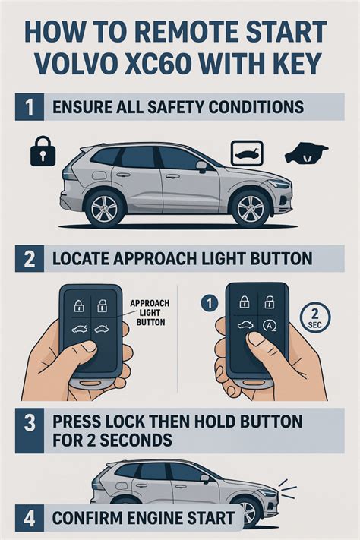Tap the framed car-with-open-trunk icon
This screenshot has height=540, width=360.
(x=246, y=153)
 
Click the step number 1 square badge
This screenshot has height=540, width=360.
(x=30, y=107)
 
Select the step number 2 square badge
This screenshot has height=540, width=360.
(x=30, y=259)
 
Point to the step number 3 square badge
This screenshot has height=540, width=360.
(x=30, y=431)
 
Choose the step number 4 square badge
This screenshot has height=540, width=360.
(x=30, y=518)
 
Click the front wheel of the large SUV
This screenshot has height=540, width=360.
(x=251, y=207)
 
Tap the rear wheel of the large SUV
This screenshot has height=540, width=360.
(x=104, y=208)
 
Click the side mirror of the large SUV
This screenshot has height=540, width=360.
(x=201, y=166)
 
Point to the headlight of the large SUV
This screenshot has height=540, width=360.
(x=279, y=183)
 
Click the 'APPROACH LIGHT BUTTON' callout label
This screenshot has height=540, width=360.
(x=150, y=312)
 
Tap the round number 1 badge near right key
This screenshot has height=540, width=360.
(x=209, y=303)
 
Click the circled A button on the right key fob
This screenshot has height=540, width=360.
(x=268, y=325)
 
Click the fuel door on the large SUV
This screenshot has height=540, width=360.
(x=98, y=175)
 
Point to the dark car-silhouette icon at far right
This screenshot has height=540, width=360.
(x=306, y=154)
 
